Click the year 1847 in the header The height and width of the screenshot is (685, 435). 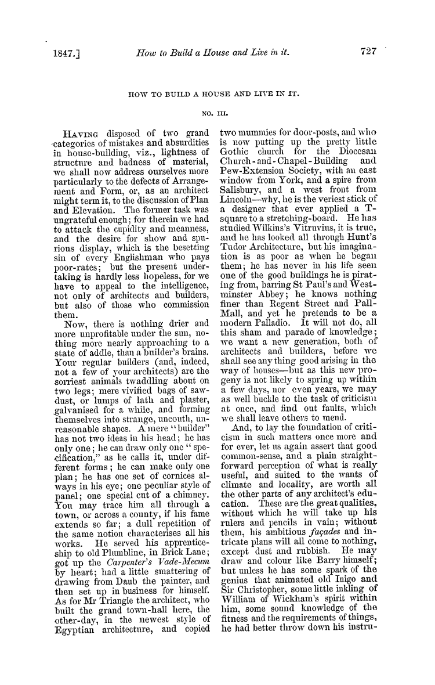pos(60,52)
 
